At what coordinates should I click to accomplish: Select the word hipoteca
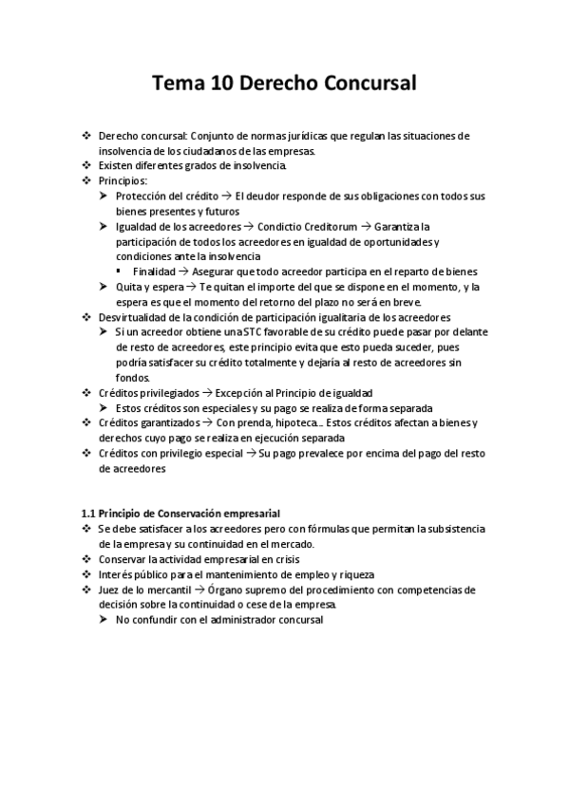coord(290,423)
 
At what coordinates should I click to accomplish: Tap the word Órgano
coord(242,590)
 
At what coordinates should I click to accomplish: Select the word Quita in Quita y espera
coord(127,287)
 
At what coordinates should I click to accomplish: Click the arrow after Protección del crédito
coord(225,196)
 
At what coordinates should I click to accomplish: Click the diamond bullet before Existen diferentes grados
coord(87,165)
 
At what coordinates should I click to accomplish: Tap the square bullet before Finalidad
coord(122,271)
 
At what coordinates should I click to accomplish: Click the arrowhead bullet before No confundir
coord(104,620)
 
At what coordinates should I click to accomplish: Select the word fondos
coord(132,378)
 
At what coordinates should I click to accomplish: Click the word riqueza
coord(353,574)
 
